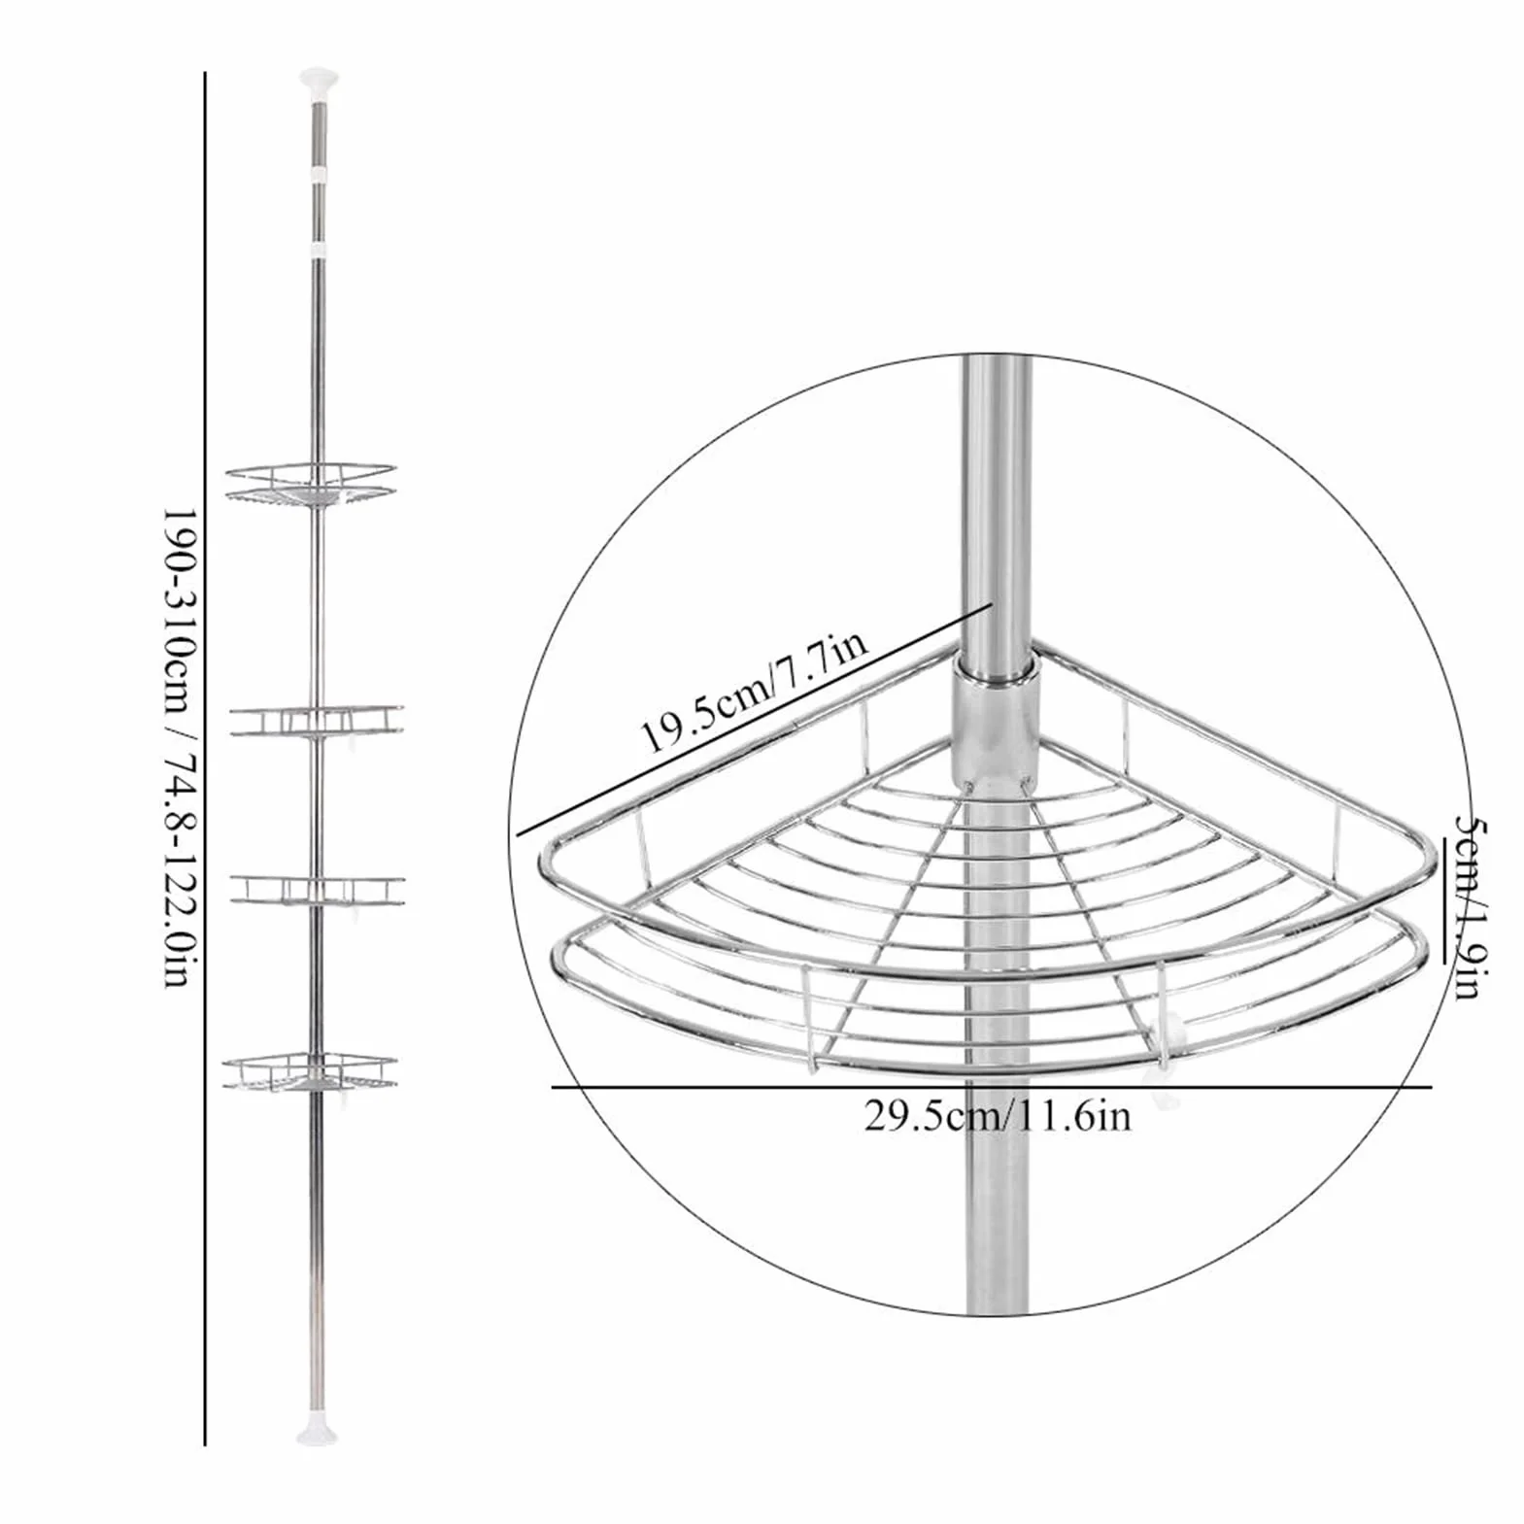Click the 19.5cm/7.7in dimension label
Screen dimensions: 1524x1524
(751, 691)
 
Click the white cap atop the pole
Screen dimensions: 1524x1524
(318, 80)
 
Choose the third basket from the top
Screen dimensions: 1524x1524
(317, 892)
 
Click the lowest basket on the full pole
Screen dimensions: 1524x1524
(310, 1071)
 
